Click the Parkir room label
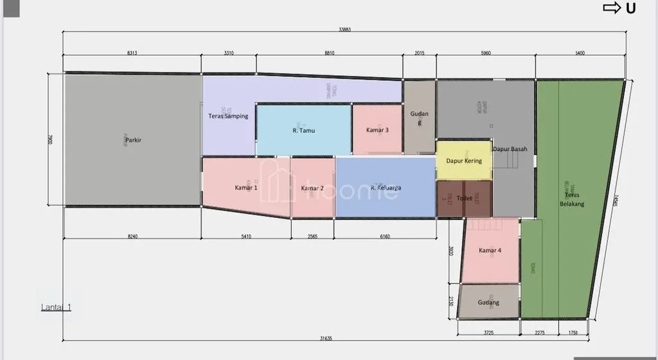pos(133,139)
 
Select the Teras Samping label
pos(228,116)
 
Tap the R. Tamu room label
pos(303,130)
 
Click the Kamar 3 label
pos(377,130)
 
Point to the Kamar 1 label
pos(246,188)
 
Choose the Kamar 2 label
pos(312,188)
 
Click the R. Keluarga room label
pos(386,188)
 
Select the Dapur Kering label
pos(464,161)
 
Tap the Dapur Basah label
pos(510,149)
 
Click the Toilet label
pos(464,199)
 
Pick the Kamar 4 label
pos(490,250)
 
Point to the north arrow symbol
pos(611,8)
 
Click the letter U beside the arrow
pos(631,8)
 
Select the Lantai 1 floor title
pos(56,307)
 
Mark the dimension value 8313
pos(132,53)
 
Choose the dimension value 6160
pos(385,237)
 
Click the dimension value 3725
pos(488,332)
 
